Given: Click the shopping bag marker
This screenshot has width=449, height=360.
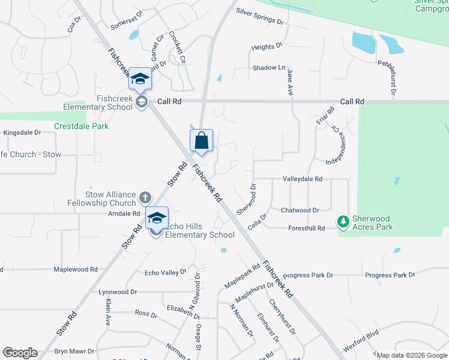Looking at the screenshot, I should coord(202,142).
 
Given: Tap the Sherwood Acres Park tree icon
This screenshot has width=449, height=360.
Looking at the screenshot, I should coord(343,222).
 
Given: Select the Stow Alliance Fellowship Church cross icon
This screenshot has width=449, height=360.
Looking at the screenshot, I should coord(145,197).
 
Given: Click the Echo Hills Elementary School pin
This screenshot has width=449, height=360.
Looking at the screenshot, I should coord(157,219).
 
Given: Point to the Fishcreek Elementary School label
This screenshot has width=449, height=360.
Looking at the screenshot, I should coord(98,103).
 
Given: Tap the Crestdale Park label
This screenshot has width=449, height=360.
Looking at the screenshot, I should coord(81,127).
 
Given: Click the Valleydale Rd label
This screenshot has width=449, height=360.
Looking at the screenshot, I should coord(303,179).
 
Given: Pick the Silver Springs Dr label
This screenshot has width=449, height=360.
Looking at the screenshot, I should coord(259,16).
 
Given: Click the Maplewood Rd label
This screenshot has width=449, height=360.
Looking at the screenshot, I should coord(76,270).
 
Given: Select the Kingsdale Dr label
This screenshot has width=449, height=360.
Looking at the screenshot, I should coord(22,133).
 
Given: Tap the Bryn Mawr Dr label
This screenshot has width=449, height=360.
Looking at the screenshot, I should coord(74,351).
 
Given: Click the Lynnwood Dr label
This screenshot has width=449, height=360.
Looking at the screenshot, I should coord(118,292).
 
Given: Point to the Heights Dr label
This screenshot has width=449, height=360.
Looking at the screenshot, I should coord(267,47).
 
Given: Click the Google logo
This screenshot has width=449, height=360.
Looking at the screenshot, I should coord(20,353).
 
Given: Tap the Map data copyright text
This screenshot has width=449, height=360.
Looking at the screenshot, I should coord(412,355).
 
